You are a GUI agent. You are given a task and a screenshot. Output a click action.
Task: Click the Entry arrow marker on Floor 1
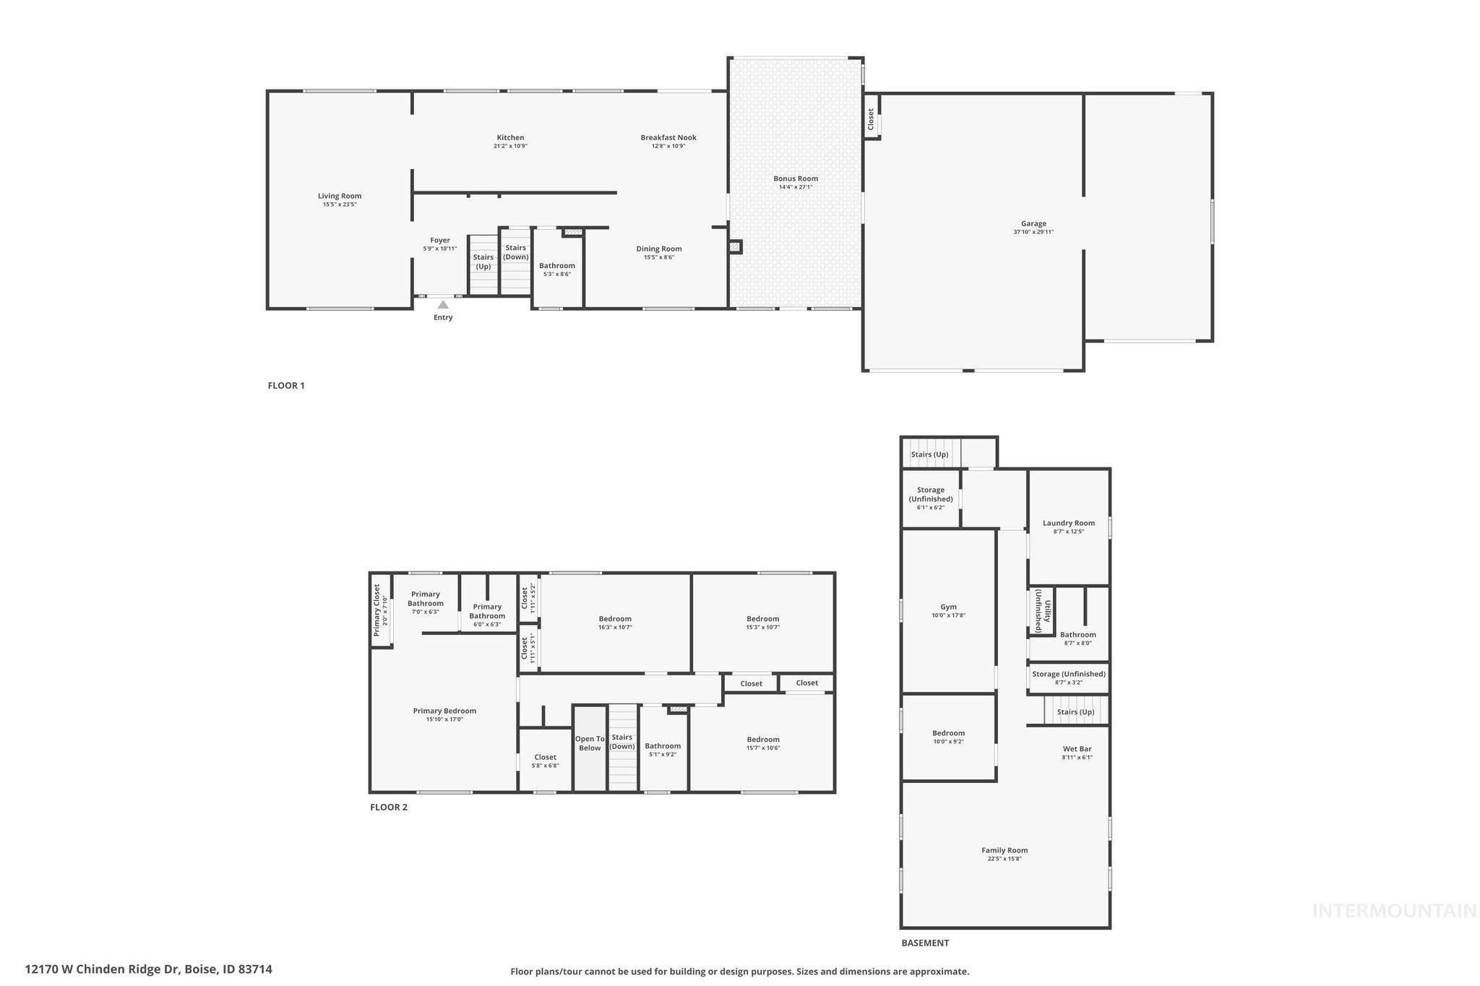[x=443, y=305]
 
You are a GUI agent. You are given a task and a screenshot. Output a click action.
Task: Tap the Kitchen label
[x=510, y=138]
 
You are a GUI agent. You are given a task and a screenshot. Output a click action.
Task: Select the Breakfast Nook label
[x=668, y=138]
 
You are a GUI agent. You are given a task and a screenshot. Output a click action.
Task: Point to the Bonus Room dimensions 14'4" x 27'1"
[x=796, y=188]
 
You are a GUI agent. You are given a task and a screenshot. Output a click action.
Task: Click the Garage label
[x=1033, y=224]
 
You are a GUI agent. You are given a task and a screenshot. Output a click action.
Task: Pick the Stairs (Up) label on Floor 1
[x=483, y=261]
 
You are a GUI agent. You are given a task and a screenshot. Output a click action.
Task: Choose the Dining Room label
[x=659, y=249]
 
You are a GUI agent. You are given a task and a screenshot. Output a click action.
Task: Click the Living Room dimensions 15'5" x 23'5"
[x=340, y=205]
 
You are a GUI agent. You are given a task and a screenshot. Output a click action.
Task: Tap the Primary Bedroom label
[x=444, y=711]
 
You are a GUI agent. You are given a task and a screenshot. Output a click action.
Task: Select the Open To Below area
[x=590, y=743]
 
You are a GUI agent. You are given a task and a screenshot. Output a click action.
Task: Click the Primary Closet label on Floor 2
[x=377, y=610]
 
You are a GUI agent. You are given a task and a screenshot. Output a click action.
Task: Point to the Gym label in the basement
[x=948, y=607]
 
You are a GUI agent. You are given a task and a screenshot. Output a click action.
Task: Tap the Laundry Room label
[x=1069, y=523]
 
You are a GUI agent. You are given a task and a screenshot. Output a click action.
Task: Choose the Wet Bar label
[x=1077, y=749]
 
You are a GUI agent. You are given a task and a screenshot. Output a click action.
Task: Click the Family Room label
[x=1004, y=850]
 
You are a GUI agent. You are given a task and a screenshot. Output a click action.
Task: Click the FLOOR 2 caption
[x=389, y=808]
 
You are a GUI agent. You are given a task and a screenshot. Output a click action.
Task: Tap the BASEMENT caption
[x=925, y=943]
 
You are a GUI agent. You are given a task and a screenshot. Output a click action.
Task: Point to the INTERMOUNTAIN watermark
[x=1394, y=911]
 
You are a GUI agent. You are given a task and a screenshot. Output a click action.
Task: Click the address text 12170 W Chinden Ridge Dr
[x=102, y=969]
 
